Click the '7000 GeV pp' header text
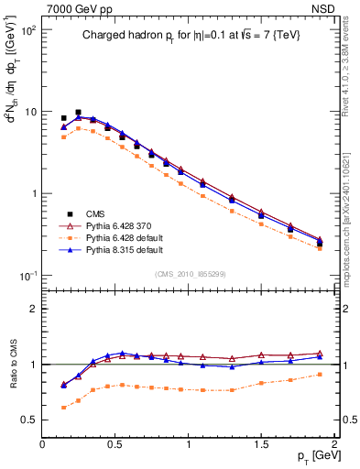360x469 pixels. pos(77,8)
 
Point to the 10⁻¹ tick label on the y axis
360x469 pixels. pos(27,276)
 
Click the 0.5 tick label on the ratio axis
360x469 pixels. pos(30,420)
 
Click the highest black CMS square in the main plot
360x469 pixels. pos(78,112)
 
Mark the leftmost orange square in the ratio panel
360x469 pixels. pos(63,408)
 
